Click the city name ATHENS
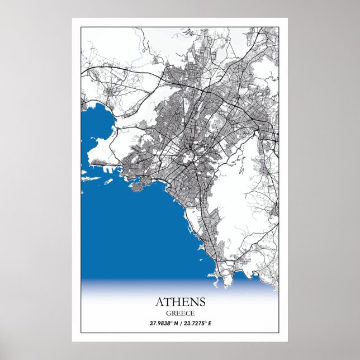180,302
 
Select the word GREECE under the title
180,313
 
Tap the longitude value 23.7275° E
196,323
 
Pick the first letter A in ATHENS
159,302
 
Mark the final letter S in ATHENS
202,302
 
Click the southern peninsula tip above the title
218,274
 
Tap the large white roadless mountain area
235,190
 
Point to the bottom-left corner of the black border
80,332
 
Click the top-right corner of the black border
278,26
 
